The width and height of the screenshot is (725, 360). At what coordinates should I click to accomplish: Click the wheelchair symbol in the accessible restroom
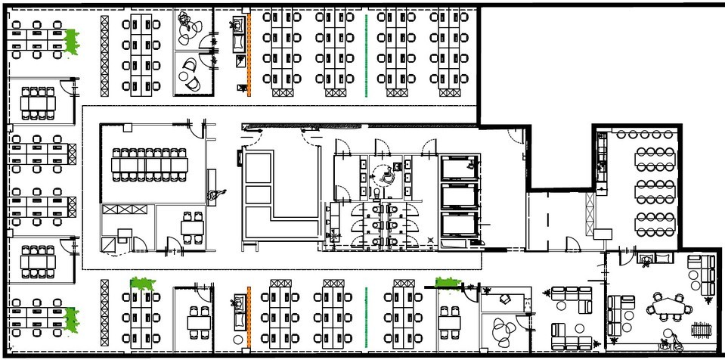[386, 175]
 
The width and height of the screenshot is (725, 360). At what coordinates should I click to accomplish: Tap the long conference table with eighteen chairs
[150, 163]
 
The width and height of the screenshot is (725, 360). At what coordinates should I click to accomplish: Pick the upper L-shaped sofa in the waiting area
[571, 298]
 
